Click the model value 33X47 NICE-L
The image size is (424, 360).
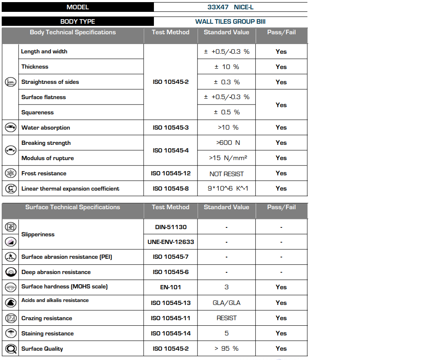(230, 7)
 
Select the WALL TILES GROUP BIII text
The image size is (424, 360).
(230, 22)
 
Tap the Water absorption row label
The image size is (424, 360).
(46, 127)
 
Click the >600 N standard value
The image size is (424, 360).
(226, 143)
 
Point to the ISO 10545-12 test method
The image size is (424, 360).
(170, 173)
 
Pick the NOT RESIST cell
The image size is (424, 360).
(226, 174)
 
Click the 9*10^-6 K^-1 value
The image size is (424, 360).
(226, 188)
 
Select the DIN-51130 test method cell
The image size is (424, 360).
(170, 227)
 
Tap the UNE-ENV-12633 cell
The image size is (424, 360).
(170, 242)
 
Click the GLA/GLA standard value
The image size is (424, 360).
(226, 303)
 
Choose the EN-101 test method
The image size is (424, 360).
(170, 287)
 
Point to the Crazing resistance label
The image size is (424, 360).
(47, 318)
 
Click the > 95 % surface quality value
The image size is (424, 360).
(226, 349)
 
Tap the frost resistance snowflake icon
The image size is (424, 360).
(10, 173)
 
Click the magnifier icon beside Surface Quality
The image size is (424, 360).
(10, 349)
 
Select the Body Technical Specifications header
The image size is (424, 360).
(73, 32)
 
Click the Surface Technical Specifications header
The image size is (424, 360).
(73, 207)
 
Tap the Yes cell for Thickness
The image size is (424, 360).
(281, 67)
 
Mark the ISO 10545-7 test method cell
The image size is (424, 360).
(170, 257)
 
